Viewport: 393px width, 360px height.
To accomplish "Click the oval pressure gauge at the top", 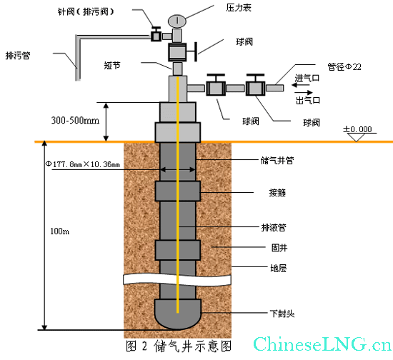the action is click(x=177, y=21).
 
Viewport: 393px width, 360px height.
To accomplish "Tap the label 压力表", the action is click(x=239, y=8).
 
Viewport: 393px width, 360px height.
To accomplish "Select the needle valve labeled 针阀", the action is click(x=156, y=34).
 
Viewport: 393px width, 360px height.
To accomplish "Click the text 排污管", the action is click(x=18, y=56).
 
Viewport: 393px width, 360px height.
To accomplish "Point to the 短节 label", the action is click(x=112, y=66).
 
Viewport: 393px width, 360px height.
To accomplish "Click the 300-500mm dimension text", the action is click(x=75, y=121).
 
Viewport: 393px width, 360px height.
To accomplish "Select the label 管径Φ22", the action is click(x=344, y=67).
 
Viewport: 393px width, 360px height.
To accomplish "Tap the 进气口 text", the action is click(x=307, y=78).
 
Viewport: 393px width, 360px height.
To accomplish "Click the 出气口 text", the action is click(x=308, y=101).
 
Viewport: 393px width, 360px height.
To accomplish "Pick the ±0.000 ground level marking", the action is click(x=358, y=129).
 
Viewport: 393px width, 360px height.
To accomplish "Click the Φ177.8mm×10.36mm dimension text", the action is click(x=82, y=164).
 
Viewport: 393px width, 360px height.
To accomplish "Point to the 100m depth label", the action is click(x=59, y=231).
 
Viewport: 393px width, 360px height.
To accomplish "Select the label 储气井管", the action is click(x=277, y=160).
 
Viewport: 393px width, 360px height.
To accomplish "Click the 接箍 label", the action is click(x=277, y=193).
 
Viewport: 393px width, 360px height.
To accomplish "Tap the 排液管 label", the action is click(x=274, y=227).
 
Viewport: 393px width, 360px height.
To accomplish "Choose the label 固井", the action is click(x=279, y=248).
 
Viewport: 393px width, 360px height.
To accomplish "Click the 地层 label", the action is click(x=279, y=269).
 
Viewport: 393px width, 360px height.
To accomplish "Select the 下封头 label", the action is click(x=282, y=314).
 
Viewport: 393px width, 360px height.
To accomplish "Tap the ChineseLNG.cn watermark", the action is click(x=322, y=344).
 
